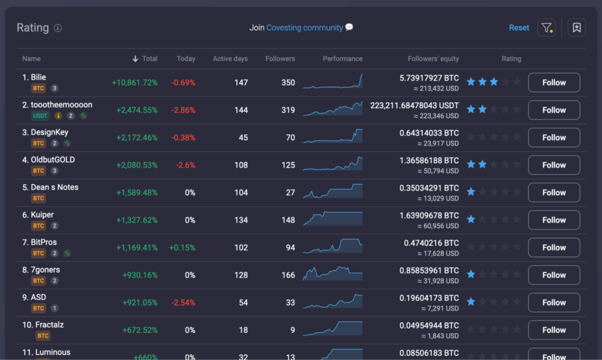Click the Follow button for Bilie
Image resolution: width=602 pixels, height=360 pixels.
[x=554, y=82]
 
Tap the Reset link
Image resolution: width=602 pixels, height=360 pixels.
[x=519, y=28]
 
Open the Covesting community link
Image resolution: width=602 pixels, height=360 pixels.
[x=305, y=28]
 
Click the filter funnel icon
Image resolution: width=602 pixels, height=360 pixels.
[x=546, y=28]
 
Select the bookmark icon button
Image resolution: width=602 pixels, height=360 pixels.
[x=576, y=28]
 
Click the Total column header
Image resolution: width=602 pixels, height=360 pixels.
[x=149, y=59]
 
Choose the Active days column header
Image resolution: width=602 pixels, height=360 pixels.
[x=230, y=59]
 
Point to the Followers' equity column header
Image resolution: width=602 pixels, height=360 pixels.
[x=433, y=59]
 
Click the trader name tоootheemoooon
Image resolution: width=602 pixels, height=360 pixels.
[x=61, y=105]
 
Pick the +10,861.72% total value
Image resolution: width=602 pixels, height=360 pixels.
[x=135, y=82]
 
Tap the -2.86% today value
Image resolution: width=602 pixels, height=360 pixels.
[x=183, y=110]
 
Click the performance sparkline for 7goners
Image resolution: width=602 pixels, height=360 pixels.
[x=333, y=274]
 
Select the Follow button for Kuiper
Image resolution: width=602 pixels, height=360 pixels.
[x=554, y=220]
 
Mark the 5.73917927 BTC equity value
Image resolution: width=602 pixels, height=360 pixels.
[x=429, y=78]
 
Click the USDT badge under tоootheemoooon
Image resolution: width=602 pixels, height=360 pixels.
[x=39, y=116]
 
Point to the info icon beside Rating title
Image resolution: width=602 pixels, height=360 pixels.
[x=58, y=28]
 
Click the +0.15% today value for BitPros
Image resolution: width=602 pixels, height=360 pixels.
[x=182, y=248]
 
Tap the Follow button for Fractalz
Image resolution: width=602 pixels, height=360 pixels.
[x=554, y=330]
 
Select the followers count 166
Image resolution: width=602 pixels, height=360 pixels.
[x=288, y=275]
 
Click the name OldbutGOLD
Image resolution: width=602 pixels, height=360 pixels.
[x=52, y=159]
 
